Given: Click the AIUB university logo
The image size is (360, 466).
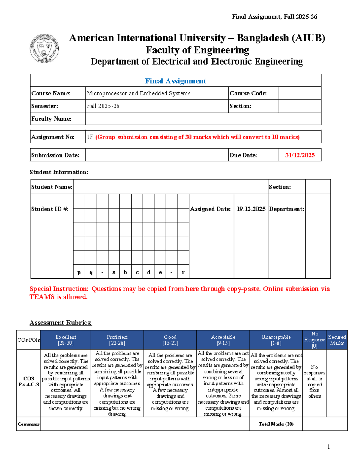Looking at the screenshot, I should coord(44,48).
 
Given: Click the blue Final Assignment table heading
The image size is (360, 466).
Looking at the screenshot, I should coord(175,81).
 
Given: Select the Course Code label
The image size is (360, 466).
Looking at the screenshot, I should coord(248,93).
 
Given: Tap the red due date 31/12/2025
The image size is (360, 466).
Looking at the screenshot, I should coord(300,155).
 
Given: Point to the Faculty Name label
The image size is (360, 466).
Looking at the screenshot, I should coord(51,119).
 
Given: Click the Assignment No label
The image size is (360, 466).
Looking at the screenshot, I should coord(53,137).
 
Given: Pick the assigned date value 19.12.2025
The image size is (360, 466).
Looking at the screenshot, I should coord(251,209).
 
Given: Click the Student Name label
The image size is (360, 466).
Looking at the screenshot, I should coord(52,187).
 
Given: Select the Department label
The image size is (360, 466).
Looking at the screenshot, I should coord(286,209).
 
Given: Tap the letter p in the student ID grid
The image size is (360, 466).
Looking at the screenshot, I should coord(79,272).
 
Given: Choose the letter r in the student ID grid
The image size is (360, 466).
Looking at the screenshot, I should coord(183,272).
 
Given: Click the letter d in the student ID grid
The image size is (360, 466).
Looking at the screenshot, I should coord(148,272).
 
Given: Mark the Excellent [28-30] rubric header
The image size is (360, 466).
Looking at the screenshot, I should coord(66,340).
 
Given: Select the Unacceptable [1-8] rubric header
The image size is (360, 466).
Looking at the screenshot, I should coord(276,340).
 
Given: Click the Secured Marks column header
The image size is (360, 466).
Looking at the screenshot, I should coord(337,340).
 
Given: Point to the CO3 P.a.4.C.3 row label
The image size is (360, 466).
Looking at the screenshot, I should coord(28,382).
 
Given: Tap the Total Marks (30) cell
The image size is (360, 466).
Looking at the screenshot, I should coord(276,424).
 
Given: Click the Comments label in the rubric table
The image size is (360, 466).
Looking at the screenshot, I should coord(28,424).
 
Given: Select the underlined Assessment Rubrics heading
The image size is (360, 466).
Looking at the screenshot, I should coord(61,323).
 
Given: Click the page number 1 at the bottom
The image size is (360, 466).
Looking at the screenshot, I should coord(329,447).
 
